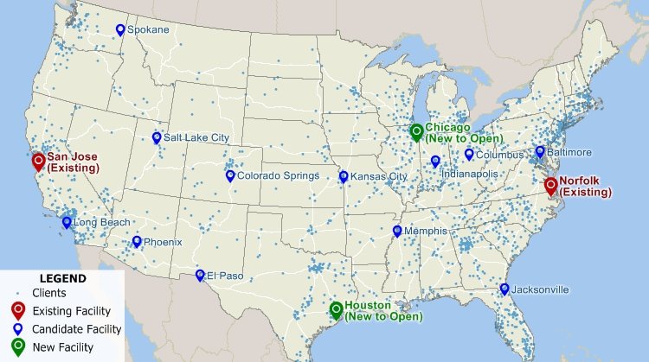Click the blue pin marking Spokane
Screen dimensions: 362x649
120,29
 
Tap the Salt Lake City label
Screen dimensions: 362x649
196,137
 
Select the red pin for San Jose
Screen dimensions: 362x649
38,161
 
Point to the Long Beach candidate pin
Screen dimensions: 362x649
67,222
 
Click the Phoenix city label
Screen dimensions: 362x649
163,242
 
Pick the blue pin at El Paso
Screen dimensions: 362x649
200,275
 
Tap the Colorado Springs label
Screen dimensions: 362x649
278,175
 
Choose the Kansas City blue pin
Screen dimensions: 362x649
344,176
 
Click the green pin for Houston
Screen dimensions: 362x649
336,309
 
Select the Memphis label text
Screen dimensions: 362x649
425,231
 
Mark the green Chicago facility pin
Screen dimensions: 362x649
416,131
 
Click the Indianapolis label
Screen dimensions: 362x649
470,174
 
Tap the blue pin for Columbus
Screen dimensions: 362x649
469,155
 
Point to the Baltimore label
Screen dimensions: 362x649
569,152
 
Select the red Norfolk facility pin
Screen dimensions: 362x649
550,184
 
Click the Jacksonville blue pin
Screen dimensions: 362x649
504,289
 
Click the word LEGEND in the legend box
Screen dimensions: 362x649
62,279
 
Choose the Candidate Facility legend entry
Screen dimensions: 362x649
76,329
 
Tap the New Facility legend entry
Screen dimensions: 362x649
62,347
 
